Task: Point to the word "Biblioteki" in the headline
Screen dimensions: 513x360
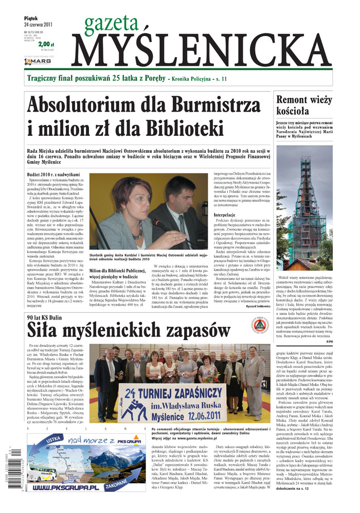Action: tap(175, 128)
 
